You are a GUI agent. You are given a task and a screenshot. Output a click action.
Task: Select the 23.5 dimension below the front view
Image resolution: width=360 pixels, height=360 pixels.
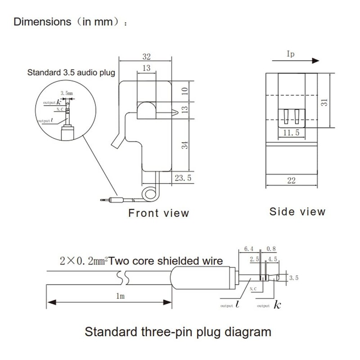tap(183, 178)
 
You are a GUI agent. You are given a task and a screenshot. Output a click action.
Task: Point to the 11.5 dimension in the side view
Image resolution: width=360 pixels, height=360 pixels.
tap(292, 133)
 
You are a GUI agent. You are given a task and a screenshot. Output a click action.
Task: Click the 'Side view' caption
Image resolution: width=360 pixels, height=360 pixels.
tap(297, 211)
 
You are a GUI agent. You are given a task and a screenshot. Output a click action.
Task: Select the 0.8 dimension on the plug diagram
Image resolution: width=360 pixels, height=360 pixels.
tap(271, 248)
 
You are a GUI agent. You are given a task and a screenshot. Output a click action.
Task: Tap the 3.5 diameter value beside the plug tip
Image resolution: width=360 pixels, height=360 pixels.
tap(293, 278)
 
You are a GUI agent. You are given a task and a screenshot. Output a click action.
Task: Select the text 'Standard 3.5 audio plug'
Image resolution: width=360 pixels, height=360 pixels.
tap(71, 72)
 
